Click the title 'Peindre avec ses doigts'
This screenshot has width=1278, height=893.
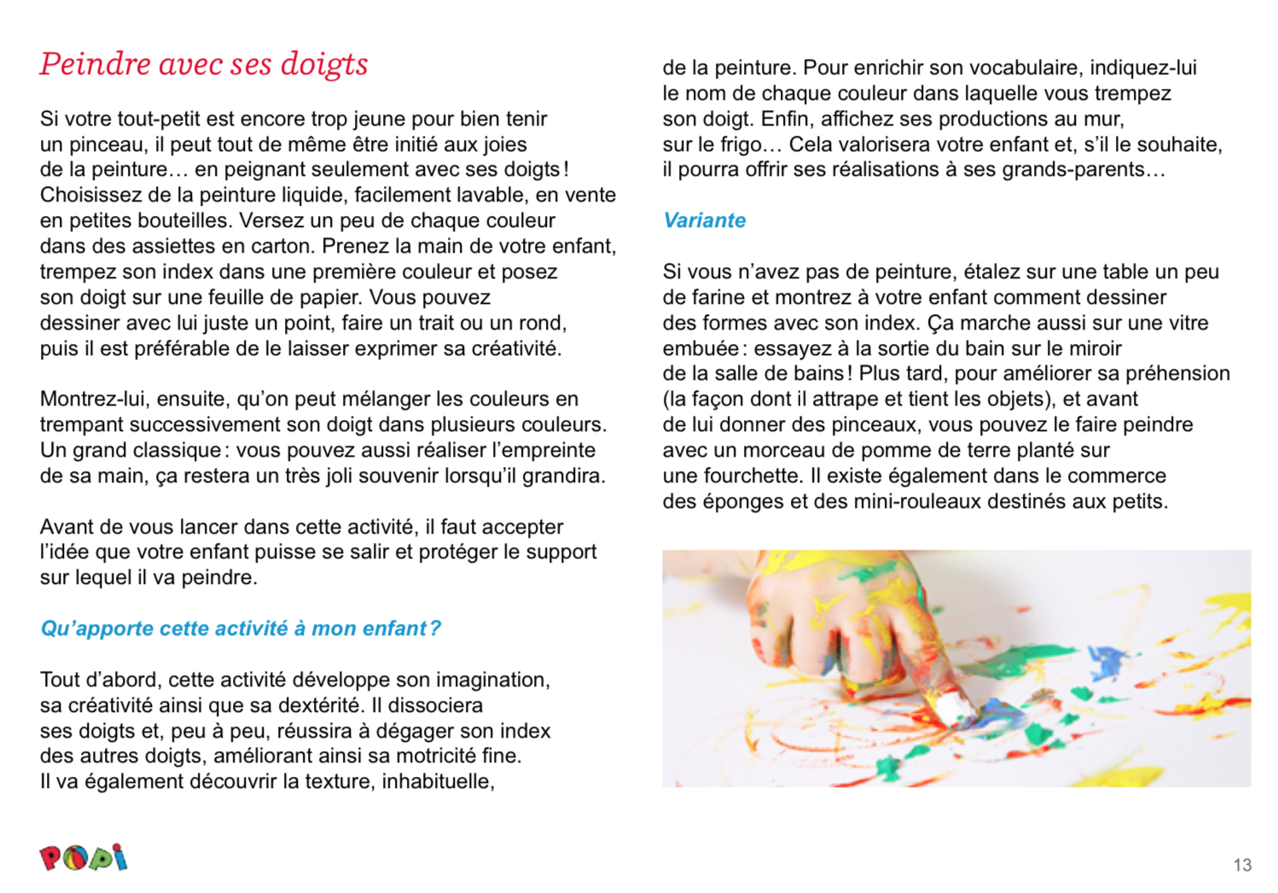coord(204,65)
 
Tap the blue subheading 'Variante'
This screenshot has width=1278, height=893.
coord(704,220)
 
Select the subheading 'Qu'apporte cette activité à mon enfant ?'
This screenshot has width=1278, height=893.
coord(241,629)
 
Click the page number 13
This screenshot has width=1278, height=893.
coord(1242,865)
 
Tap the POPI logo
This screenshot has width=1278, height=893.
coord(83,857)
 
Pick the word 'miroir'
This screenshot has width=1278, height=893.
coord(1093,348)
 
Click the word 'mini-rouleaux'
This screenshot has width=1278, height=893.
coord(907,501)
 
